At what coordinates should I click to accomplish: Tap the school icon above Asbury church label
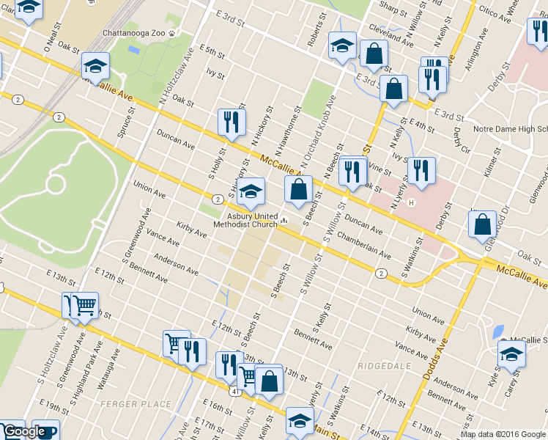pos(251,192)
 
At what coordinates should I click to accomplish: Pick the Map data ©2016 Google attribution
pos(503,434)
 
